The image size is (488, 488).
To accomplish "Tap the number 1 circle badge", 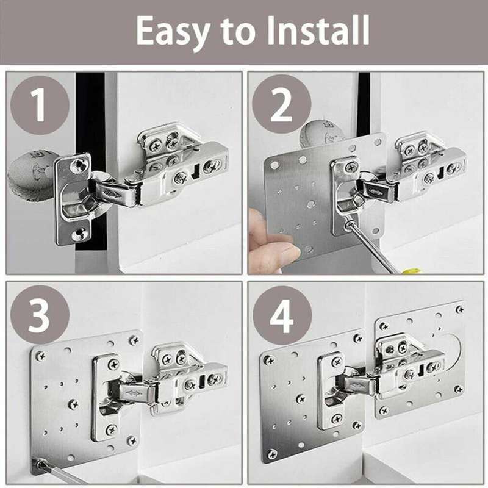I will pyautogui.click(x=38, y=105).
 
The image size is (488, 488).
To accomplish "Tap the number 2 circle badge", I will pyautogui.click(x=281, y=105).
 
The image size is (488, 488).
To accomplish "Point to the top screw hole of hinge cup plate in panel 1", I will pyautogui.click(x=77, y=163).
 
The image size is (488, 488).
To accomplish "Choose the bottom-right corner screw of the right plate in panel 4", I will pyautogui.click(x=458, y=389).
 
